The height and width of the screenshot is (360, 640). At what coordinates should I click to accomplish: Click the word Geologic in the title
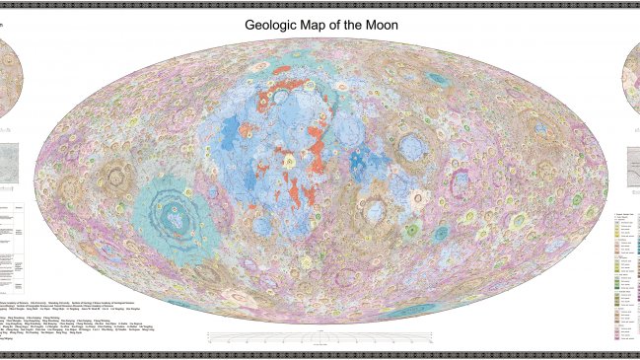(x=278, y=24)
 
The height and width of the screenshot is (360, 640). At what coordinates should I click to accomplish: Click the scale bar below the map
(x=320, y=338)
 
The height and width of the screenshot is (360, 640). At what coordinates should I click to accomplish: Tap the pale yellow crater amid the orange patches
(x=290, y=159)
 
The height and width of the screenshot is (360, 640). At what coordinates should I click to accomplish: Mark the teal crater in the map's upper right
(x=540, y=128)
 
